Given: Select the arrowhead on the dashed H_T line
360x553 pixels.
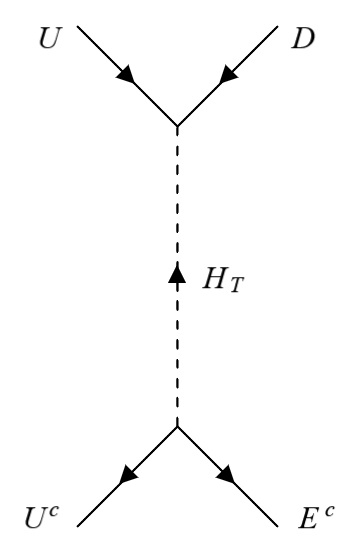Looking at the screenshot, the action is (x=177, y=273).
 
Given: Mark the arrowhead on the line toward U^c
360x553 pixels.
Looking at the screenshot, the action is (x=126, y=477).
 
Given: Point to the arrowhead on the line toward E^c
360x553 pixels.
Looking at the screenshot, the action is (x=228, y=477).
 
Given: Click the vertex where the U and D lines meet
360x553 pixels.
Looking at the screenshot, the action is (x=177, y=126).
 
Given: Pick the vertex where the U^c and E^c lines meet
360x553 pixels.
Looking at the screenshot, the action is (x=177, y=426).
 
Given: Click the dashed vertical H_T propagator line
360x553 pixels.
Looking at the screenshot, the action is (x=177, y=200).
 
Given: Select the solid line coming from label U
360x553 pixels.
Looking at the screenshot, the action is (x=105, y=54).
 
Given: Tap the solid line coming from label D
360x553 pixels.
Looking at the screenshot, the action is (x=250, y=54).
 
